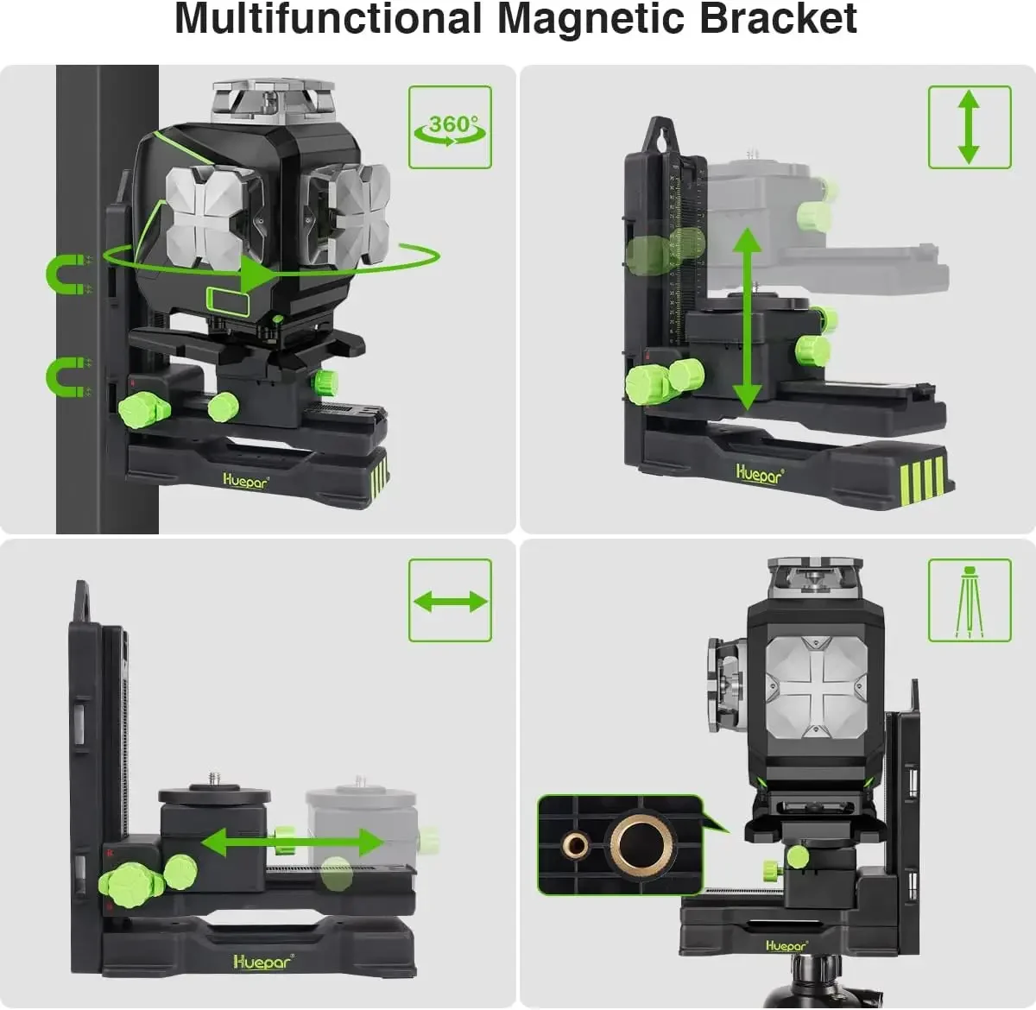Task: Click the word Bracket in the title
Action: point(777,19)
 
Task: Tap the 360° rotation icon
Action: point(450,128)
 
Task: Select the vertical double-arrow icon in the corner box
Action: point(969,127)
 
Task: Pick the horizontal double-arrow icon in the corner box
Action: point(450,601)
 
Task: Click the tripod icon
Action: point(969,601)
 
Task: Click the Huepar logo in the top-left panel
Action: point(245,482)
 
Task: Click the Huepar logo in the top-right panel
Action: point(759,473)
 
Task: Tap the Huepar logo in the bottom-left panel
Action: point(262,961)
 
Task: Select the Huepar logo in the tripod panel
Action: point(786,946)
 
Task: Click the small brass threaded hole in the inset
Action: point(575,845)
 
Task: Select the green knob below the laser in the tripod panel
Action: point(798,856)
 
